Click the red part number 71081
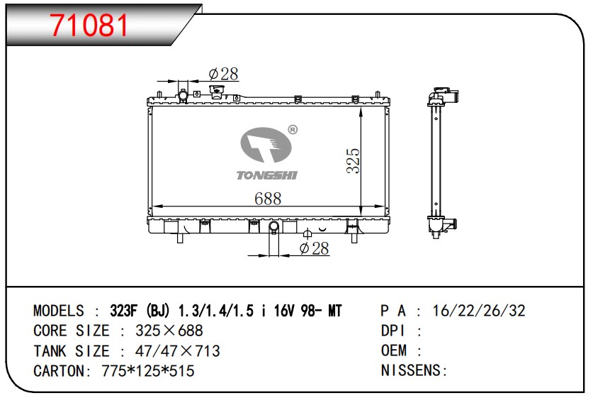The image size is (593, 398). [x=90, y=25]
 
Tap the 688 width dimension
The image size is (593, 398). [x=268, y=199]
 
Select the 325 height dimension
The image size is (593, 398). [x=354, y=160]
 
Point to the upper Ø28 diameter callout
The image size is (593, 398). [x=223, y=74]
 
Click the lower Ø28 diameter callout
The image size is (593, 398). [x=314, y=248]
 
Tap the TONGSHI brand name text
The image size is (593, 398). [x=267, y=175]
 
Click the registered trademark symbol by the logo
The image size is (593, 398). [x=293, y=130]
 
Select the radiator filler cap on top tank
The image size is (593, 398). [x=216, y=92]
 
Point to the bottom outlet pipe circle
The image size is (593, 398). [x=273, y=226]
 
